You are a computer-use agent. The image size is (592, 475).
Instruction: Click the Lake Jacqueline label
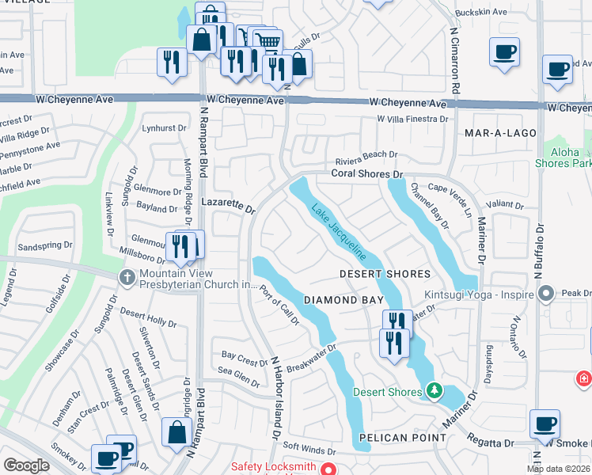point(338,233)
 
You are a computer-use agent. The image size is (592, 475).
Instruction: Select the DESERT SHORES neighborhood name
point(385,274)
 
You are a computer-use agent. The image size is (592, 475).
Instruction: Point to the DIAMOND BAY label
point(343,301)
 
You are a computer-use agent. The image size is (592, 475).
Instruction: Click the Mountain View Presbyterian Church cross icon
point(127,277)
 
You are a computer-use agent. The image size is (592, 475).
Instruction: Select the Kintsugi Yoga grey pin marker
point(545,294)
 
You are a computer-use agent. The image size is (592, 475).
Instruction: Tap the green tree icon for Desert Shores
point(433,390)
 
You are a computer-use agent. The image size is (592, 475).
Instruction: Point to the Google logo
point(26,465)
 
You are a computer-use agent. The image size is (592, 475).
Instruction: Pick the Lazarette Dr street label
point(228,206)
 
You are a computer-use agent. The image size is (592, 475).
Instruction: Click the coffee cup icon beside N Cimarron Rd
point(505,53)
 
